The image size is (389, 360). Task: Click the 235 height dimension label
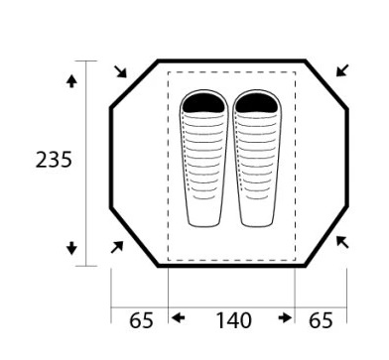click(54, 160)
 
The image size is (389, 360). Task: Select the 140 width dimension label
click(233, 320)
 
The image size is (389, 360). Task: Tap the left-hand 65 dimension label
click(141, 320)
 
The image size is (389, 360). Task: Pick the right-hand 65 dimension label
click(321, 320)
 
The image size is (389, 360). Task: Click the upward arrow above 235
click(71, 81)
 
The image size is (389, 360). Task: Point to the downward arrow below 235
click(71, 248)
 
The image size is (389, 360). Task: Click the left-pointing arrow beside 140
click(178, 318)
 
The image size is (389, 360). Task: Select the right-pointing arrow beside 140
click(285, 318)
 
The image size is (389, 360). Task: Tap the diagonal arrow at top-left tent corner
click(120, 71)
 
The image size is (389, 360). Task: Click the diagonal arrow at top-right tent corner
click(342, 70)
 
